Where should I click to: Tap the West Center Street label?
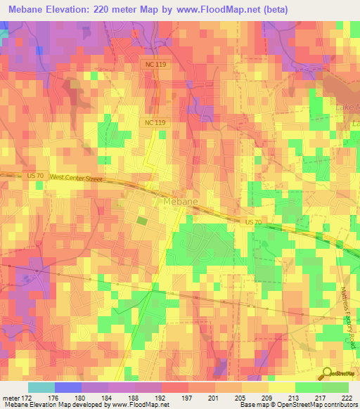coord(76,178)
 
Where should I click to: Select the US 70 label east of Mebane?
coord(255,221)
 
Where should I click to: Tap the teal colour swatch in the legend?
coord(41,387)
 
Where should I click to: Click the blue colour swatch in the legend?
coord(67,387)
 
